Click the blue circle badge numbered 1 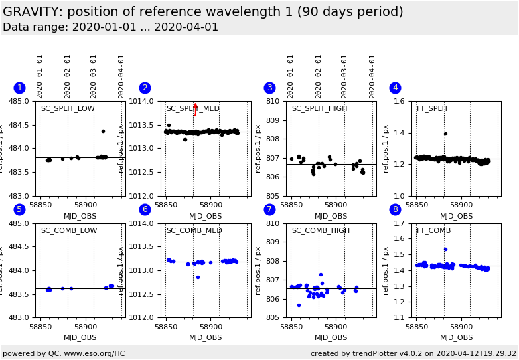pyautogui.click(x=19, y=88)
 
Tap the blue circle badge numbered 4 pyautogui.click(x=395, y=88)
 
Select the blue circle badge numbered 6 pyautogui.click(x=145, y=209)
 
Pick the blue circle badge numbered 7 pyautogui.click(x=269, y=209)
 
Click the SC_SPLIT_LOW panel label pyautogui.click(x=68, y=109)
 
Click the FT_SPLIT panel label pyautogui.click(x=432, y=109)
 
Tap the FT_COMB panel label pyautogui.click(x=433, y=231)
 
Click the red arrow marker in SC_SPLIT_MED pyautogui.click(x=195, y=108)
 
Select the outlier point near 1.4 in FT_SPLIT pyautogui.click(x=445, y=134)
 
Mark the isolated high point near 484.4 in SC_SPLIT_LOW pyautogui.click(x=103, y=131)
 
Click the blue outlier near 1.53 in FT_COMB pyautogui.click(x=445, y=250)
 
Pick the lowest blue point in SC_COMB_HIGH pyautogui.click(x=299, y=305)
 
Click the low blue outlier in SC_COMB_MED pyautogui.click(x=198, y=277)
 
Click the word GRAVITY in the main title pyautogui.click(x=32, y=12)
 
